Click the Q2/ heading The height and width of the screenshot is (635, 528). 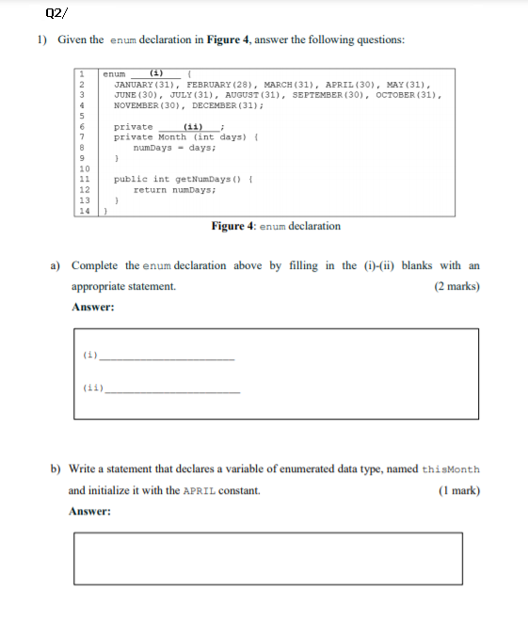(55, 12)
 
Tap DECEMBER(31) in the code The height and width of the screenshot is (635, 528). (229, 105)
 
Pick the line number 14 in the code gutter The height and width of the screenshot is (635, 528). (83, 211)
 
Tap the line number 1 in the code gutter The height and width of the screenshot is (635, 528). (83, 74)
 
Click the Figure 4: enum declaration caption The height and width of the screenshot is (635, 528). (276, 226)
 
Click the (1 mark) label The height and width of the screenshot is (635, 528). (459, 490)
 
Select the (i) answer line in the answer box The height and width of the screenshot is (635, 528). (169, 358)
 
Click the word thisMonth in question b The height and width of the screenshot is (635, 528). (451, 469)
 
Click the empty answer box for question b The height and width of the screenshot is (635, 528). (277, 558)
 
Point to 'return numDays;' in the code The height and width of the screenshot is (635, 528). (175, 189)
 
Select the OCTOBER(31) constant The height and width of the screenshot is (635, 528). (408, 95)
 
